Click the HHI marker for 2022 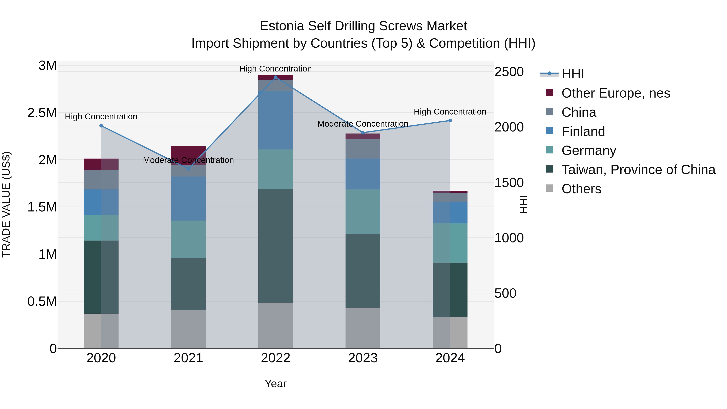276,77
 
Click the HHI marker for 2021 189,169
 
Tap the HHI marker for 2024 450,121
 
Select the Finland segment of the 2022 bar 276,120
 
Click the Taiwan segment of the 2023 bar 363,270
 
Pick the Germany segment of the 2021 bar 189,239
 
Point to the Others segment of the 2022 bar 276,325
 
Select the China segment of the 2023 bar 363,149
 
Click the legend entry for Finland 583,131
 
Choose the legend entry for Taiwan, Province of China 638,170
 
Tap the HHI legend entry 572,74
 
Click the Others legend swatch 549,188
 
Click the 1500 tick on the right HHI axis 509,183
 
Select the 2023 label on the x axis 363,358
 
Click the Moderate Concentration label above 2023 363,124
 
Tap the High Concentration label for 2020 101,117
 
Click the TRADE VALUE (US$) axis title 6,204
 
